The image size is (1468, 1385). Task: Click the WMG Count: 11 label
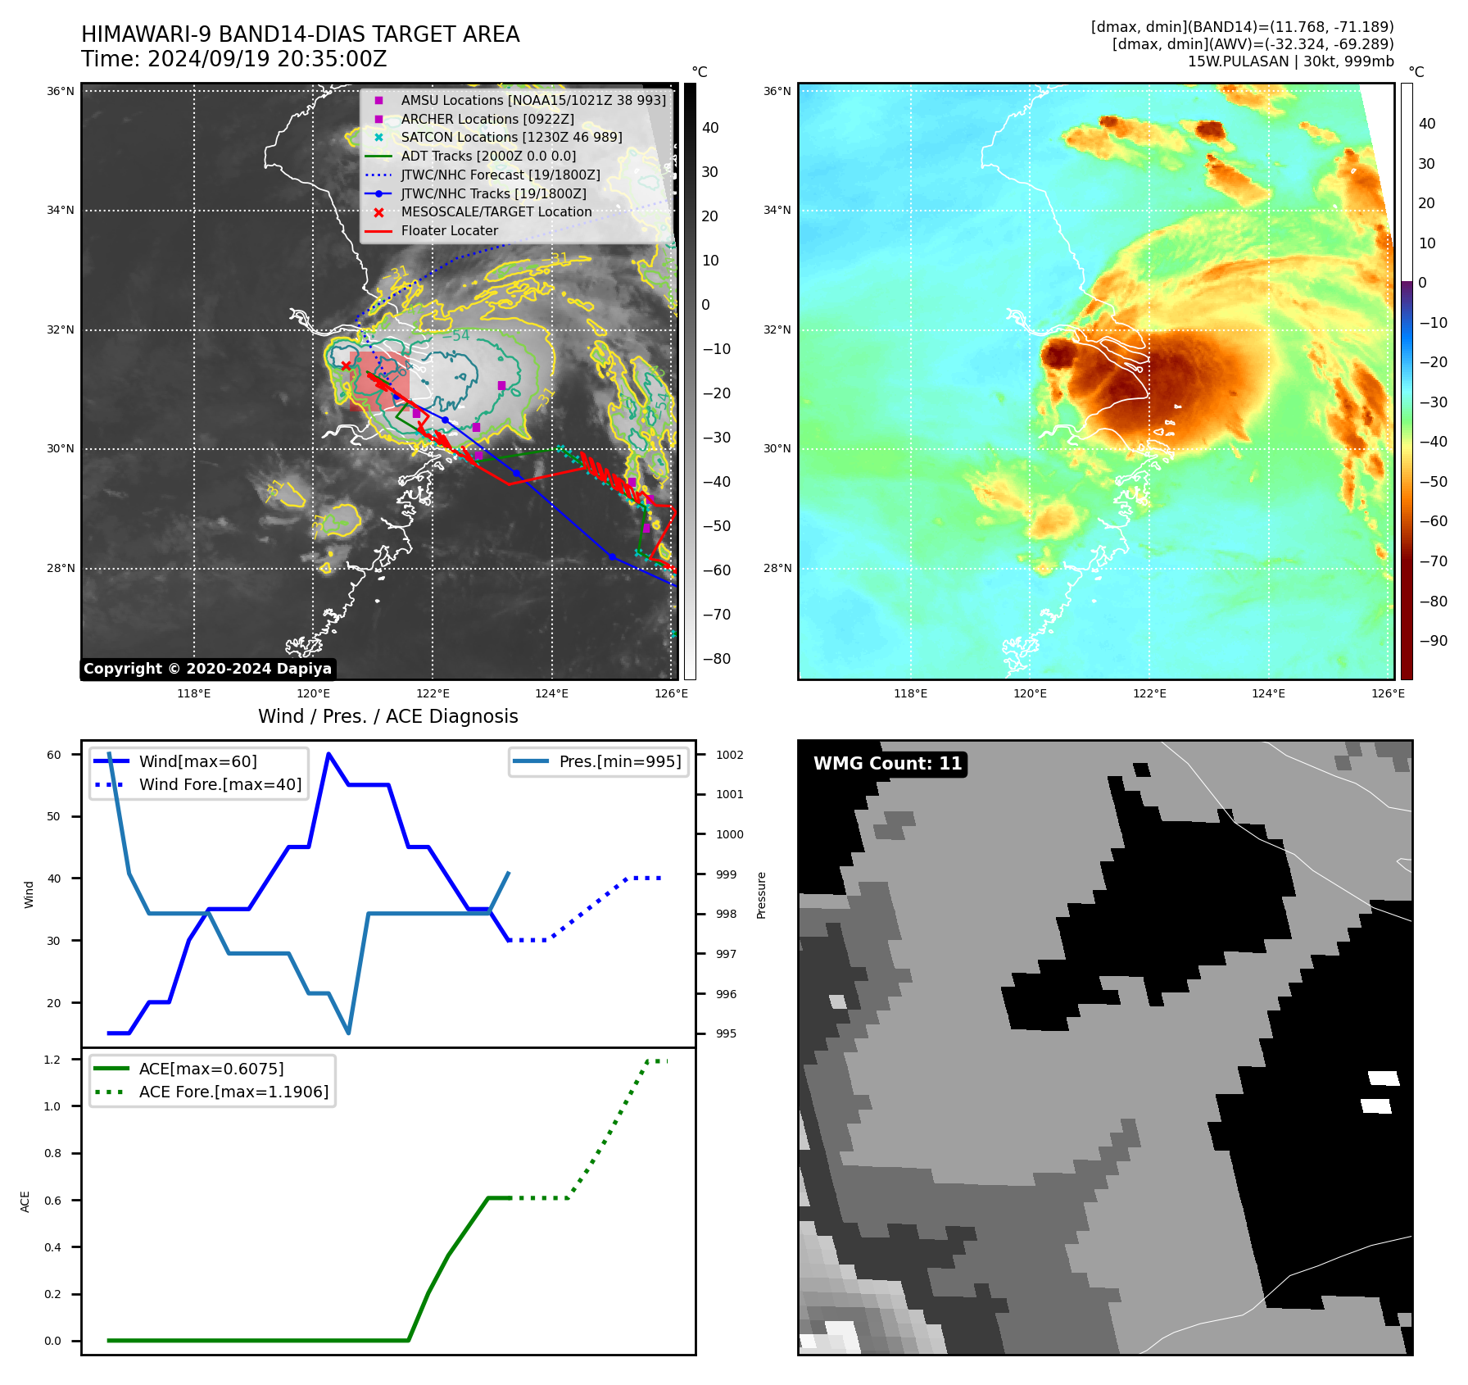887,764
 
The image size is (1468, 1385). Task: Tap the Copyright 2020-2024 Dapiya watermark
207,669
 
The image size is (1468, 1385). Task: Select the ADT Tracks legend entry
488,156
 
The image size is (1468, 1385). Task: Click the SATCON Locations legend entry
511,137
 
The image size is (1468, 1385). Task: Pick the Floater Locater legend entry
449,230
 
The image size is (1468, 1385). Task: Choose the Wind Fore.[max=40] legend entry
220,784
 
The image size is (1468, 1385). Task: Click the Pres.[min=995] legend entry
619,761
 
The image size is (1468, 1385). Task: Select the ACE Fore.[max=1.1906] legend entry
233,1092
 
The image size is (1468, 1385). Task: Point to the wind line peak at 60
328,754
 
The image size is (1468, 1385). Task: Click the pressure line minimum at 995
348,1033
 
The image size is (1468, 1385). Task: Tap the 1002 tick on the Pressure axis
729,755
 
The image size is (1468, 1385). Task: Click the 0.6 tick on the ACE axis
52,1201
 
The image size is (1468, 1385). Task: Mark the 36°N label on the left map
61,91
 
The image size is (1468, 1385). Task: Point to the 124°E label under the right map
1268,693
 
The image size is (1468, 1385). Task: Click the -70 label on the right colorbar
1433,561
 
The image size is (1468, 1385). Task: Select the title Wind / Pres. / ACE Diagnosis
388,716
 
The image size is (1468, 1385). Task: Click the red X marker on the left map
346,366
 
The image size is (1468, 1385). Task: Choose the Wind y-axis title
29,894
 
